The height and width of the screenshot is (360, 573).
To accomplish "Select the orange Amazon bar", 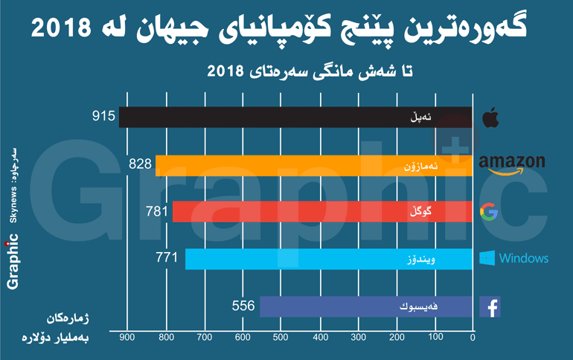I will (313, 165).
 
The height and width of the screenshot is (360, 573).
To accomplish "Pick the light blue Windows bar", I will (328, 259).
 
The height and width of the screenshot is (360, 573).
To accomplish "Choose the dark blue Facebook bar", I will (365, 306).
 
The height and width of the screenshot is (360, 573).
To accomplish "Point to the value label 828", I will (139, 164).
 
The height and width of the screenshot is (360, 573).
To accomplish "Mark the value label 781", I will (157, 211).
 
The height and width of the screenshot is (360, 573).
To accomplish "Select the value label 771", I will (167, 259).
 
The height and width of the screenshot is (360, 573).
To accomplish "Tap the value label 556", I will (243, 305).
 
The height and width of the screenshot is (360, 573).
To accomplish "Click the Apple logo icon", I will (489, 117).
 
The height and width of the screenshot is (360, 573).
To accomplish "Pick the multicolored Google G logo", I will (489, 212).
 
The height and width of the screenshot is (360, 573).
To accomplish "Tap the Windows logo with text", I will (513, 259).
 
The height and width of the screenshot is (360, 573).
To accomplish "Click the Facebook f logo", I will (489, 306).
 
